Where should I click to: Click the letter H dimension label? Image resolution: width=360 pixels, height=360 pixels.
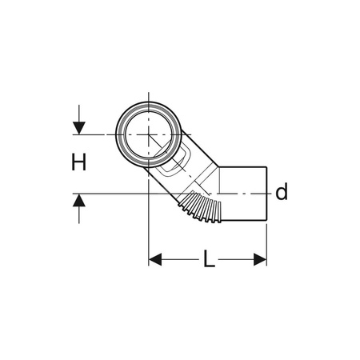pos(78,163)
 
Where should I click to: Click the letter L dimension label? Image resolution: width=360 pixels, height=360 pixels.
pos(208,259)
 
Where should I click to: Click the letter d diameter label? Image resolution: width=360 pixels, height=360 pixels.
pos(281,192)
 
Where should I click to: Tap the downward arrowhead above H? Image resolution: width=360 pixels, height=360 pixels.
pos(78,126)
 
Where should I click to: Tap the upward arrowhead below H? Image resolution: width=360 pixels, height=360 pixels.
pos(78,201)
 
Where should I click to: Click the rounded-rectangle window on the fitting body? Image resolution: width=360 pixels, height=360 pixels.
pos(175,166)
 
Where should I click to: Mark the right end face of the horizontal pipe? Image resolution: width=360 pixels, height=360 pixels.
pos(266,192)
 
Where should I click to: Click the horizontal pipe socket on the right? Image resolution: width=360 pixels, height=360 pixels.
pos(244,192)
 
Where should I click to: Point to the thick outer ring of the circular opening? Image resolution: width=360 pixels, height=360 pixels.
pos(118,134)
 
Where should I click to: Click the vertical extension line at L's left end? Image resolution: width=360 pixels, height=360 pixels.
pos(150,232)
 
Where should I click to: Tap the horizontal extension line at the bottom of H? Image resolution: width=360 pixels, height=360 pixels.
pos(104,193)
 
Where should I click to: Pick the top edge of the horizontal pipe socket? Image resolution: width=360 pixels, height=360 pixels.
pos(244,166)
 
